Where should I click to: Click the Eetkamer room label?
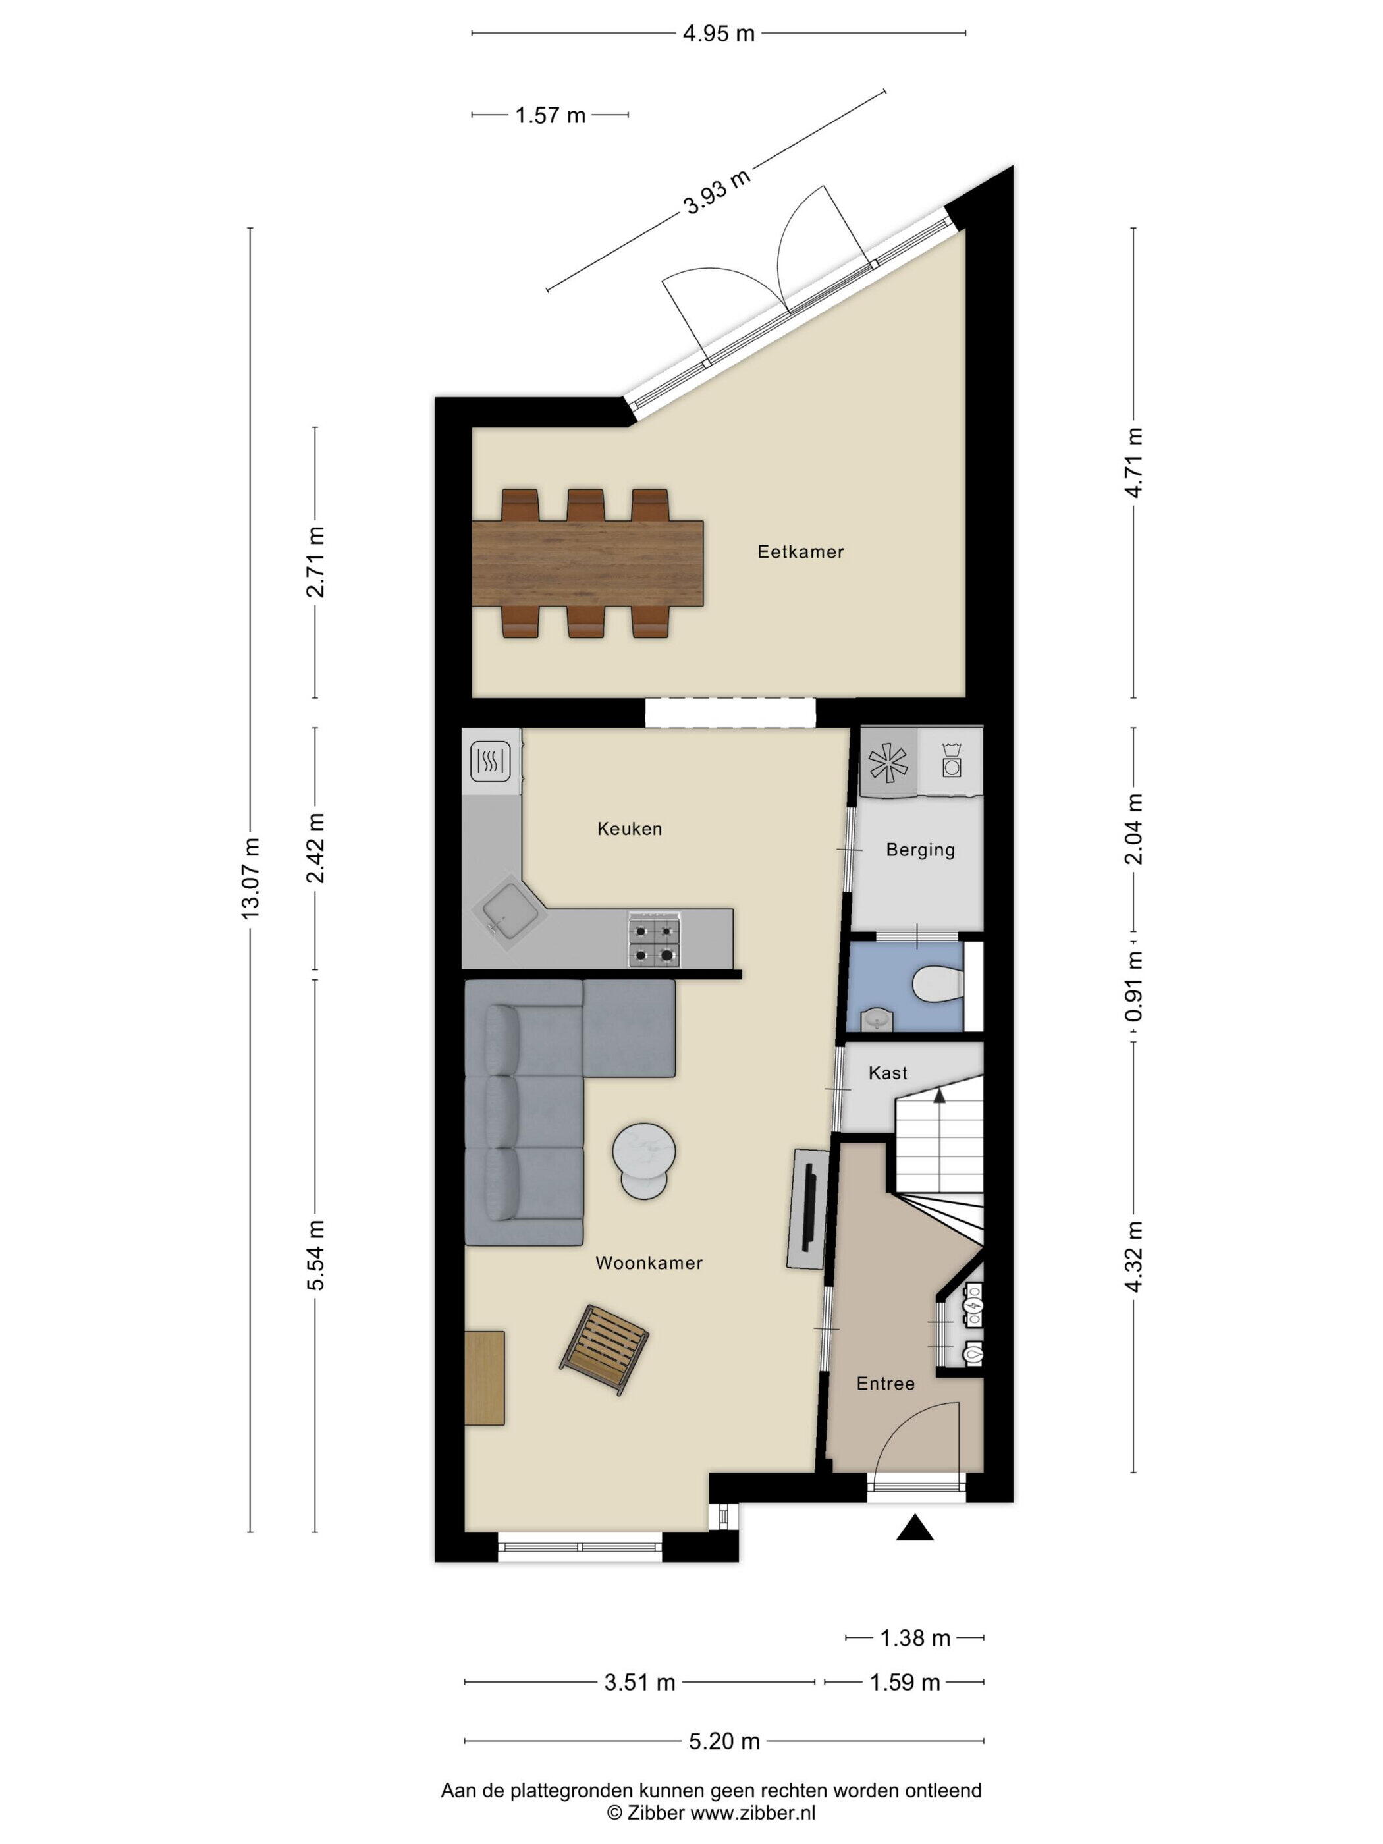(x=800, y=551)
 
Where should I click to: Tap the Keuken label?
(x=630, y=828)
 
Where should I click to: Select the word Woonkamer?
(x=649, y=1263)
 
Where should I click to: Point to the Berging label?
(x=919, y=850)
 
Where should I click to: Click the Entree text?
(x=885, y=1384)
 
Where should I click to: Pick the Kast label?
(x=887, y=1073)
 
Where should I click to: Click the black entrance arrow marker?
(x=915, y=1527)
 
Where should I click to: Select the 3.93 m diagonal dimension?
(x=716, y=192)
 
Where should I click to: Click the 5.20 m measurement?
(x=724, y=1741)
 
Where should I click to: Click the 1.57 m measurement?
(x=550, y=115)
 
